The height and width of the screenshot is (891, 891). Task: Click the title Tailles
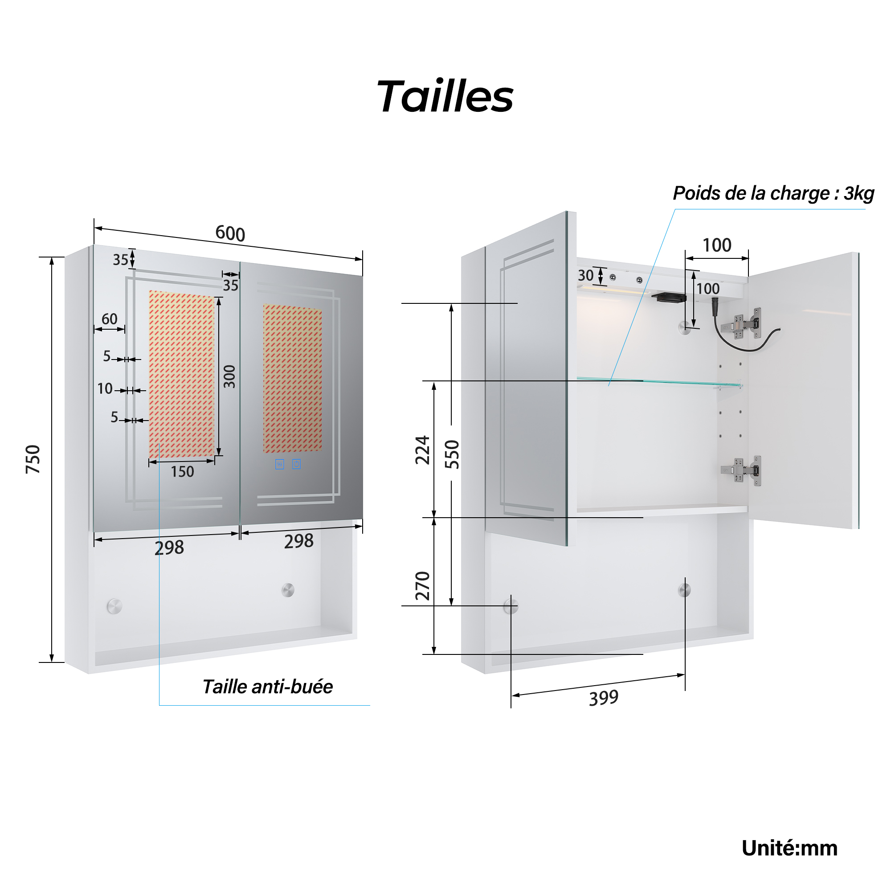(x=445, y=96)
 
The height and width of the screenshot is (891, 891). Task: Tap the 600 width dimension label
(x=230, y=233)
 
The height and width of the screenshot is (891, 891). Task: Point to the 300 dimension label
(x=229, y=376)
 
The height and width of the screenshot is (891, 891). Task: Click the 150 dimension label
(x=182, y=472)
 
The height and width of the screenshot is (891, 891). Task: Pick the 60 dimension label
(x=109, y=319)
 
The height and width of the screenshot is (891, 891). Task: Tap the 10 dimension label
(x=105, y=389)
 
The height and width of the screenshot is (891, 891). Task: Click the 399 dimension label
(x=603, y=698)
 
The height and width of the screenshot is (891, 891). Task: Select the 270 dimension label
(x=422, y=586)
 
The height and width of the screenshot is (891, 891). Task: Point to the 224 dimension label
(x=422, y=450)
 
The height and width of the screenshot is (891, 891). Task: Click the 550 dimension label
(x=452, y=454)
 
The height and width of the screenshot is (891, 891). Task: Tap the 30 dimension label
(x=586, y=276)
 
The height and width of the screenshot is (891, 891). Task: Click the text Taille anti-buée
(x=267, y=687)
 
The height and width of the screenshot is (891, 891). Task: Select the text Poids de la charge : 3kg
(x=773, y=193)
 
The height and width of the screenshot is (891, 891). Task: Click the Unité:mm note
(x=789, y=849)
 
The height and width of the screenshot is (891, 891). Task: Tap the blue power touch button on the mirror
(x=296, y=464)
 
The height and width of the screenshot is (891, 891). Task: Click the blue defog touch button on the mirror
(x=279, y=464)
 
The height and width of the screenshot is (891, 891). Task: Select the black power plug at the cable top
(x=715, y=305)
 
